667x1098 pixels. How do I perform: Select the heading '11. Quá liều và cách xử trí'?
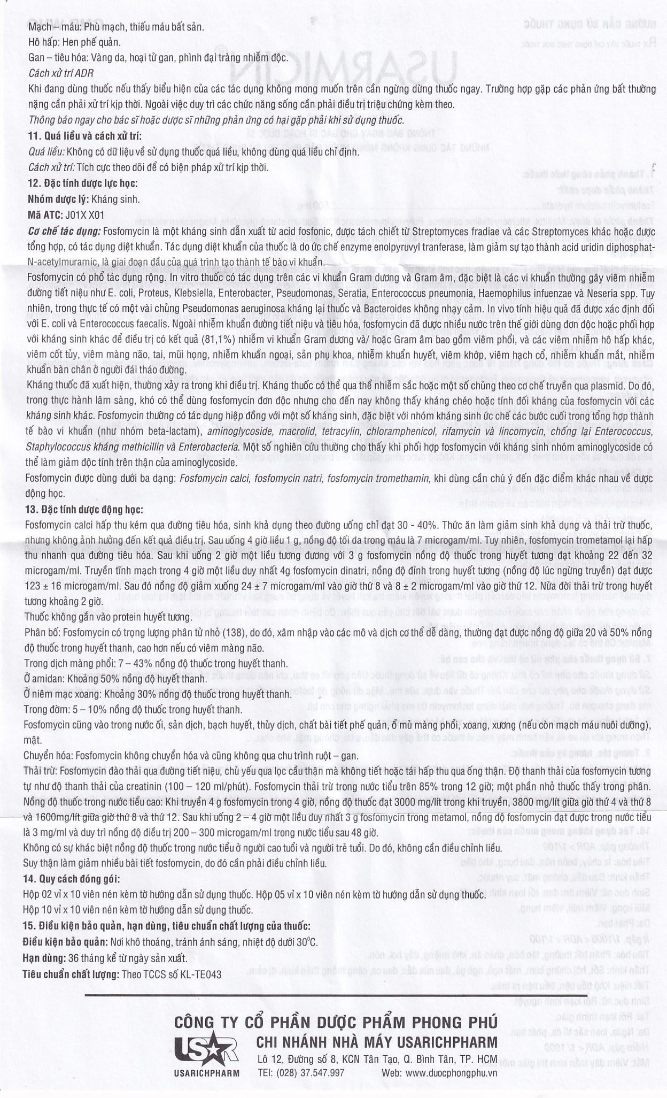(x=85, y=136)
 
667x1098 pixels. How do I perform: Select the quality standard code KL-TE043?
(x=201, y=974)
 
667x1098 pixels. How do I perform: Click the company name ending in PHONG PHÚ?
(x=336, y=1022)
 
